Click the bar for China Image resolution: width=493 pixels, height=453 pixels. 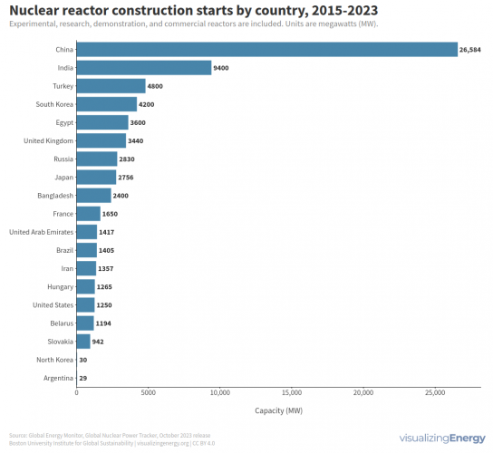266,49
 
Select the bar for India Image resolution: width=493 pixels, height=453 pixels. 144,67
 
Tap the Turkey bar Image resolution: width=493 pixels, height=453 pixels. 111,86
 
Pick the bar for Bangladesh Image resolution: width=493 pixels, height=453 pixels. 93,196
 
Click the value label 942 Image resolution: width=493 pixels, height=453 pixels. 99,342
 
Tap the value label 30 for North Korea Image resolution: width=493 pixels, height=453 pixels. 82,360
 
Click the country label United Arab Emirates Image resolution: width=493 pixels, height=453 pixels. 41,232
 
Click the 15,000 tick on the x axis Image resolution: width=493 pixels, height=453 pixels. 292,393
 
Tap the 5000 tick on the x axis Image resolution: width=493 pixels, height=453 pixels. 149,393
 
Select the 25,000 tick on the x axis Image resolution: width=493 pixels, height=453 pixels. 435,393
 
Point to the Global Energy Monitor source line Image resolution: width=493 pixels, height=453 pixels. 110,436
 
